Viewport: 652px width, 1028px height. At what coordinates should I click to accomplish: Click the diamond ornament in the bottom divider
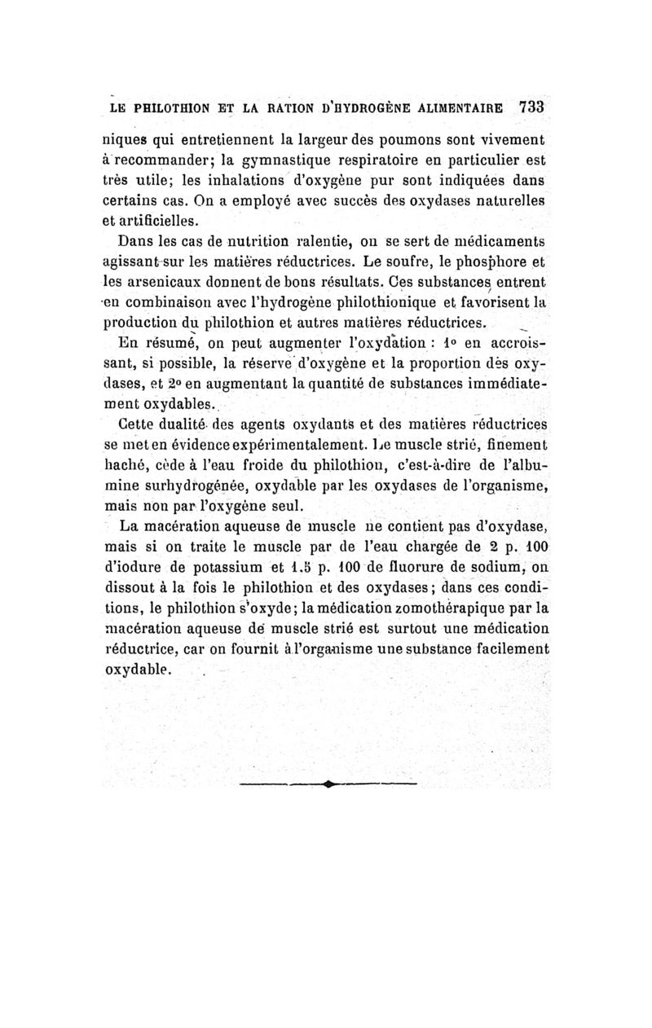[x=328, y=784]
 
